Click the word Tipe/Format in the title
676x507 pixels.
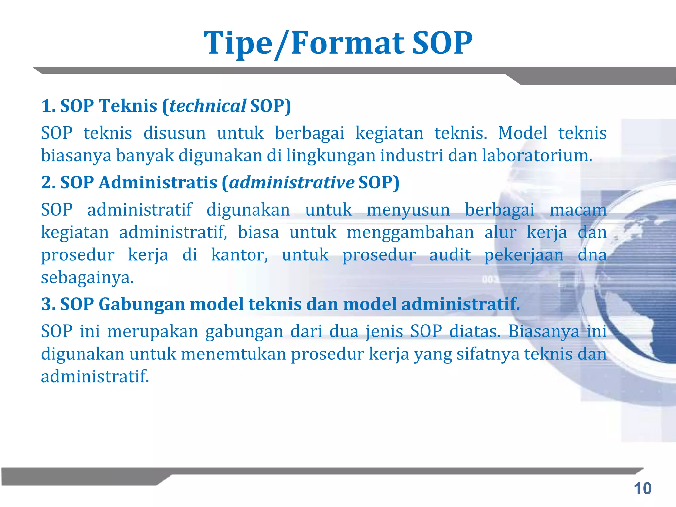[304, 43]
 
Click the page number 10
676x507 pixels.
[642, 489]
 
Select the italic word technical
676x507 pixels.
[208, 106]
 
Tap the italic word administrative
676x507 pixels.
[292, 183]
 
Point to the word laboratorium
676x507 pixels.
[537, 155]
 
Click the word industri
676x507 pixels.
[411, 155]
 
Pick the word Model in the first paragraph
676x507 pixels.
[523, 133]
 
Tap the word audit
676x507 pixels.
[450, 255]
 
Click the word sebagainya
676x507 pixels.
[87, 277]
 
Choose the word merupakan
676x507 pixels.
[153, 331]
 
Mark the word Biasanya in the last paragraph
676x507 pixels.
[544, 331]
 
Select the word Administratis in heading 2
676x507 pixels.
[158, 183]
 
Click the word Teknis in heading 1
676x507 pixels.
[128, 106]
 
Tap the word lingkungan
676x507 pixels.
[331, 155]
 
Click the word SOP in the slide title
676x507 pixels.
[442, 43]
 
